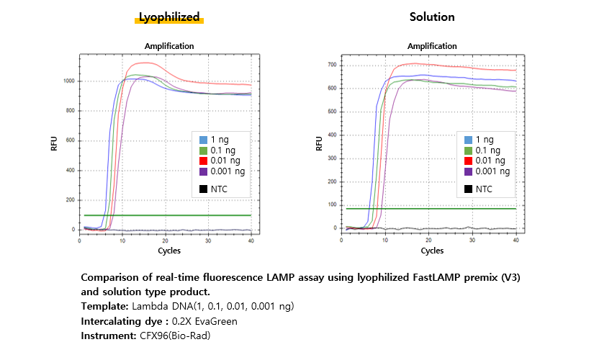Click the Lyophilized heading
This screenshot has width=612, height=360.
pos(169,17)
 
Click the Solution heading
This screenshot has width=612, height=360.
pos(432,17)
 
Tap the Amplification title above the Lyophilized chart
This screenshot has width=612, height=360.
pos(169,46)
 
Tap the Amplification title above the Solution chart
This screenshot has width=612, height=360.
pos(432,46)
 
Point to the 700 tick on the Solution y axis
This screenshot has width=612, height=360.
pos(332,66)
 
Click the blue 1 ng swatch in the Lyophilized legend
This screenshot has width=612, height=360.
pos(203,140)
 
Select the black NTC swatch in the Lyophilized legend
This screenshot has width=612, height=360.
pos(203,189)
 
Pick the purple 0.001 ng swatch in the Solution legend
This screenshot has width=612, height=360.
pos(469,171)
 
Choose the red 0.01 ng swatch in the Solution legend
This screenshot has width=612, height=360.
pos(469,161)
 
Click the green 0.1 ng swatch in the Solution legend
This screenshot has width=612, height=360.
pos(469,150)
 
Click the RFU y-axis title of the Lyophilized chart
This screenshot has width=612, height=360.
pos(54,144)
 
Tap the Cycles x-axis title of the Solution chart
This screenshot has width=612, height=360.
pos(432,251)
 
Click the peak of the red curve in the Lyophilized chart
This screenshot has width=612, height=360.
pos(147,63)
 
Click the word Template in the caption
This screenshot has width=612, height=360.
pos(106,306)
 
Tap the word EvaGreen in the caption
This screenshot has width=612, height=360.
pos(215,320)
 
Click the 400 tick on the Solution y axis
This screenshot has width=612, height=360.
pos(332,135)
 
